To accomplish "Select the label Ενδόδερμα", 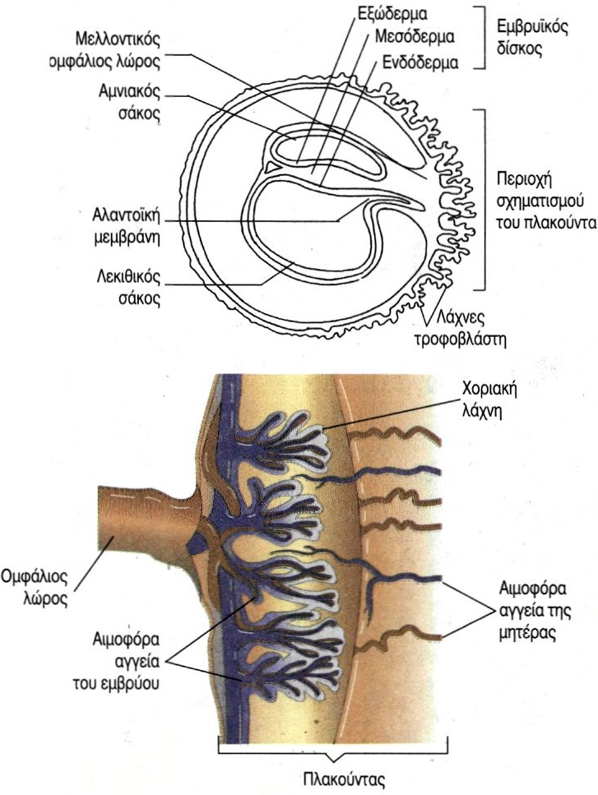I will [420, 62].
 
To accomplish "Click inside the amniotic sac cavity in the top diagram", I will [329, 161].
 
